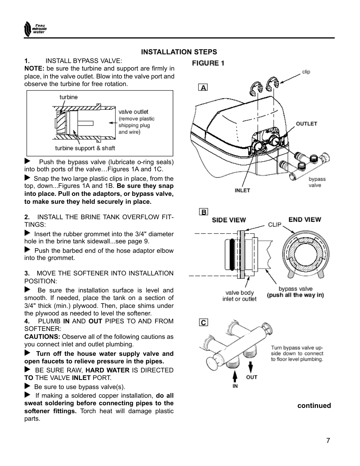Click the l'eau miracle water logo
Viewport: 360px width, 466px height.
point(34,29)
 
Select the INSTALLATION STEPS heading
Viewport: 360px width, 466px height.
point(179,52)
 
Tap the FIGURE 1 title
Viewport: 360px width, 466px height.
point(208,63)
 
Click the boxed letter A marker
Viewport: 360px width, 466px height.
point(203,88)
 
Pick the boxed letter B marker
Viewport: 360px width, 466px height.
point(203,212)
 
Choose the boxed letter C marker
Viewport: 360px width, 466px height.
point(203,322)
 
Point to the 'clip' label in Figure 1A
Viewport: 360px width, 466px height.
point(306,72)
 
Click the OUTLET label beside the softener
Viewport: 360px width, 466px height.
point(306,124)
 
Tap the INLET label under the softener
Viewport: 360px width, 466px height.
point(242,191)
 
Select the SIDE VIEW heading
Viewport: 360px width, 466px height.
point(229,220)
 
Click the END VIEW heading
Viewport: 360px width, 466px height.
point(305,220)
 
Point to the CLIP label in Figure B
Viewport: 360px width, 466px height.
point(275,225)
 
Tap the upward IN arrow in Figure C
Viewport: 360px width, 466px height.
point(235,376)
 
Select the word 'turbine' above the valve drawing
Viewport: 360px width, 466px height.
point(68,97)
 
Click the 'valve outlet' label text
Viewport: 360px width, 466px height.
point(134,112)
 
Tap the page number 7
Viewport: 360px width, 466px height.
point(328,440)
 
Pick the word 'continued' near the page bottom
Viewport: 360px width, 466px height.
point(314,406)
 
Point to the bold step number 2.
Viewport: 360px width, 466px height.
point(27,217)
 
